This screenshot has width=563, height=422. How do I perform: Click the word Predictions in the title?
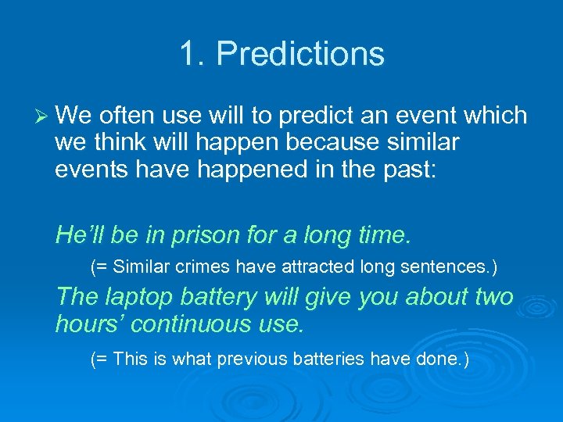click(300, 54)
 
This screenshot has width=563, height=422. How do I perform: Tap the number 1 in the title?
click(188, 54)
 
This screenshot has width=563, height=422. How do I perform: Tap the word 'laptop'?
click(139, 297)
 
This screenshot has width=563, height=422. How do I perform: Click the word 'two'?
click(493, 297)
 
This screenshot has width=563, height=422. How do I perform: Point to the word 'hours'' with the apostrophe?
click(84, 324)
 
